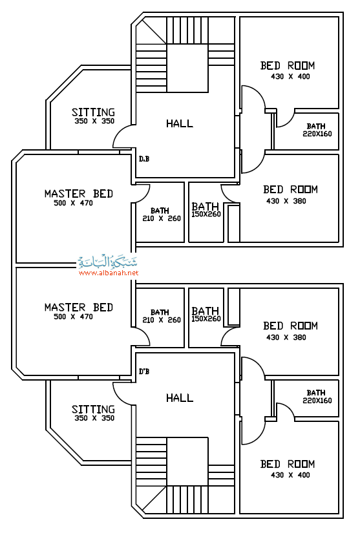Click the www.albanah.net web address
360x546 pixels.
tap(109, 273)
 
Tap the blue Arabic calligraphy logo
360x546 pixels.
tap(107, 262)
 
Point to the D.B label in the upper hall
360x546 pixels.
tap(144, 159)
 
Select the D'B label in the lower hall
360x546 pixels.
tap(144, 372)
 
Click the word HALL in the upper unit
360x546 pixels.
tap(179, 123)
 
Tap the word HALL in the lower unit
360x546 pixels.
tap(179, 397)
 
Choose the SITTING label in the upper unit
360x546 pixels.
tap(93, 112)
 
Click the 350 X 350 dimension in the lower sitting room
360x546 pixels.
tap(94, 418)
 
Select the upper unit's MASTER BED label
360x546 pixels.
tap(79, 194)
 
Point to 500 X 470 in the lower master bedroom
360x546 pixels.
tap(73, 317)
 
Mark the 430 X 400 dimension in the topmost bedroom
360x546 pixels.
tap(290, 76)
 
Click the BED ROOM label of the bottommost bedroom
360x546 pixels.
tap(288, 464)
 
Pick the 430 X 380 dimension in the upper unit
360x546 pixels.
tap(286, 201)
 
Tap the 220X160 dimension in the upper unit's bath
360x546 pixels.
tap(317, 134)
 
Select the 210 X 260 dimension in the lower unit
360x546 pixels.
tap(162, 320)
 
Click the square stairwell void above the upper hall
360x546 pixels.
tap(187, 68)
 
